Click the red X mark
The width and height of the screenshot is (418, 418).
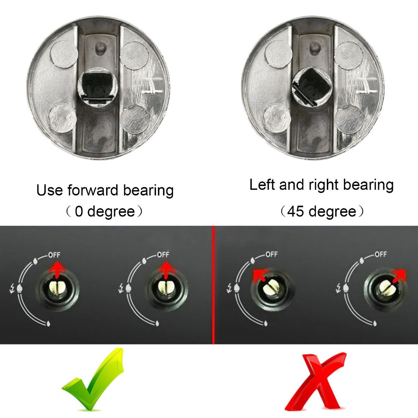coord(315,380)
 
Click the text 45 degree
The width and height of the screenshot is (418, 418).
coord(321,212)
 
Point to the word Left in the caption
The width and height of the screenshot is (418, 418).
coord(263,184)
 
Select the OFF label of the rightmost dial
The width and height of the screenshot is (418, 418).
coord(380,254)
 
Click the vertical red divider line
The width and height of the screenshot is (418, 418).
coord(214,284)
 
